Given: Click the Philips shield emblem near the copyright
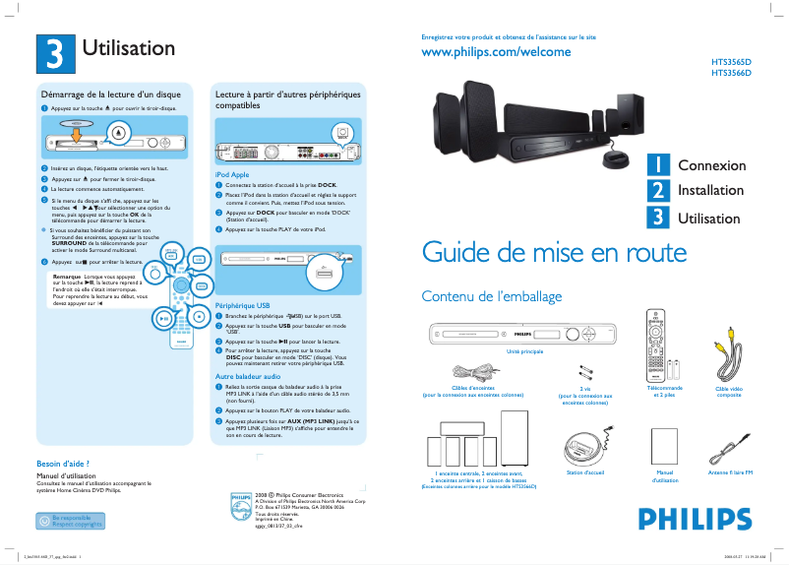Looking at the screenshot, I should click(x=240, y=504).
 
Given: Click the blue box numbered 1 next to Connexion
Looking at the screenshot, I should click(x=658, y=165).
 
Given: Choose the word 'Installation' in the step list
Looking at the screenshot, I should click(x=710, y=190).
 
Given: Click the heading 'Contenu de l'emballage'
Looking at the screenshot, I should click(x=491, y=296).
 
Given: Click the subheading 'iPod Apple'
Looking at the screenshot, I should click(x=232, y=174).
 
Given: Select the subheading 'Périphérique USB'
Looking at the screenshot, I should click(x=242, y=306).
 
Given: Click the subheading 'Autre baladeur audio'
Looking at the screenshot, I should click(x=248, y=376).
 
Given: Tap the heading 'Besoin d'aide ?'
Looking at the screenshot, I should click(x=63, y=463).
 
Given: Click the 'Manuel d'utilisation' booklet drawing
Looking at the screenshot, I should click(x=666, y=446).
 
